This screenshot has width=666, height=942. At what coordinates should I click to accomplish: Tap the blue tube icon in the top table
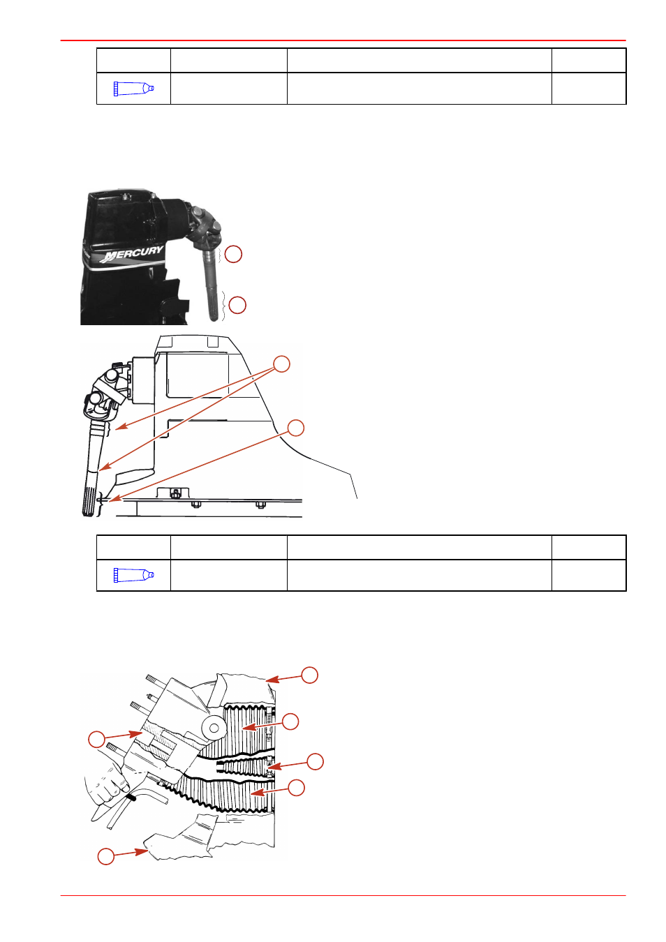(x=134, y=89)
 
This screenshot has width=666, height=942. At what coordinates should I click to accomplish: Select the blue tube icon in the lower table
(x=134, y=575)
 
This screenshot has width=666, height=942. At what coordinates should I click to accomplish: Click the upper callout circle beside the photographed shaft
(x=233, y=255)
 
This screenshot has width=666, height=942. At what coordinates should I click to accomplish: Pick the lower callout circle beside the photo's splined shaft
(x=237, y=305)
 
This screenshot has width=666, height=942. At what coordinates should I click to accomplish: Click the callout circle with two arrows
(x=281, y=364)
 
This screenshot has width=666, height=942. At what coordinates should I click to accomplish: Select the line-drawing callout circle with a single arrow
(x=296, y=428)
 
